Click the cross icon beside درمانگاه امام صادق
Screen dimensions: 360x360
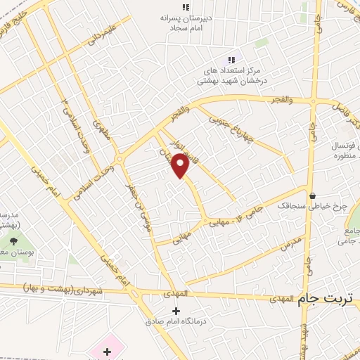coord(176,311)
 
